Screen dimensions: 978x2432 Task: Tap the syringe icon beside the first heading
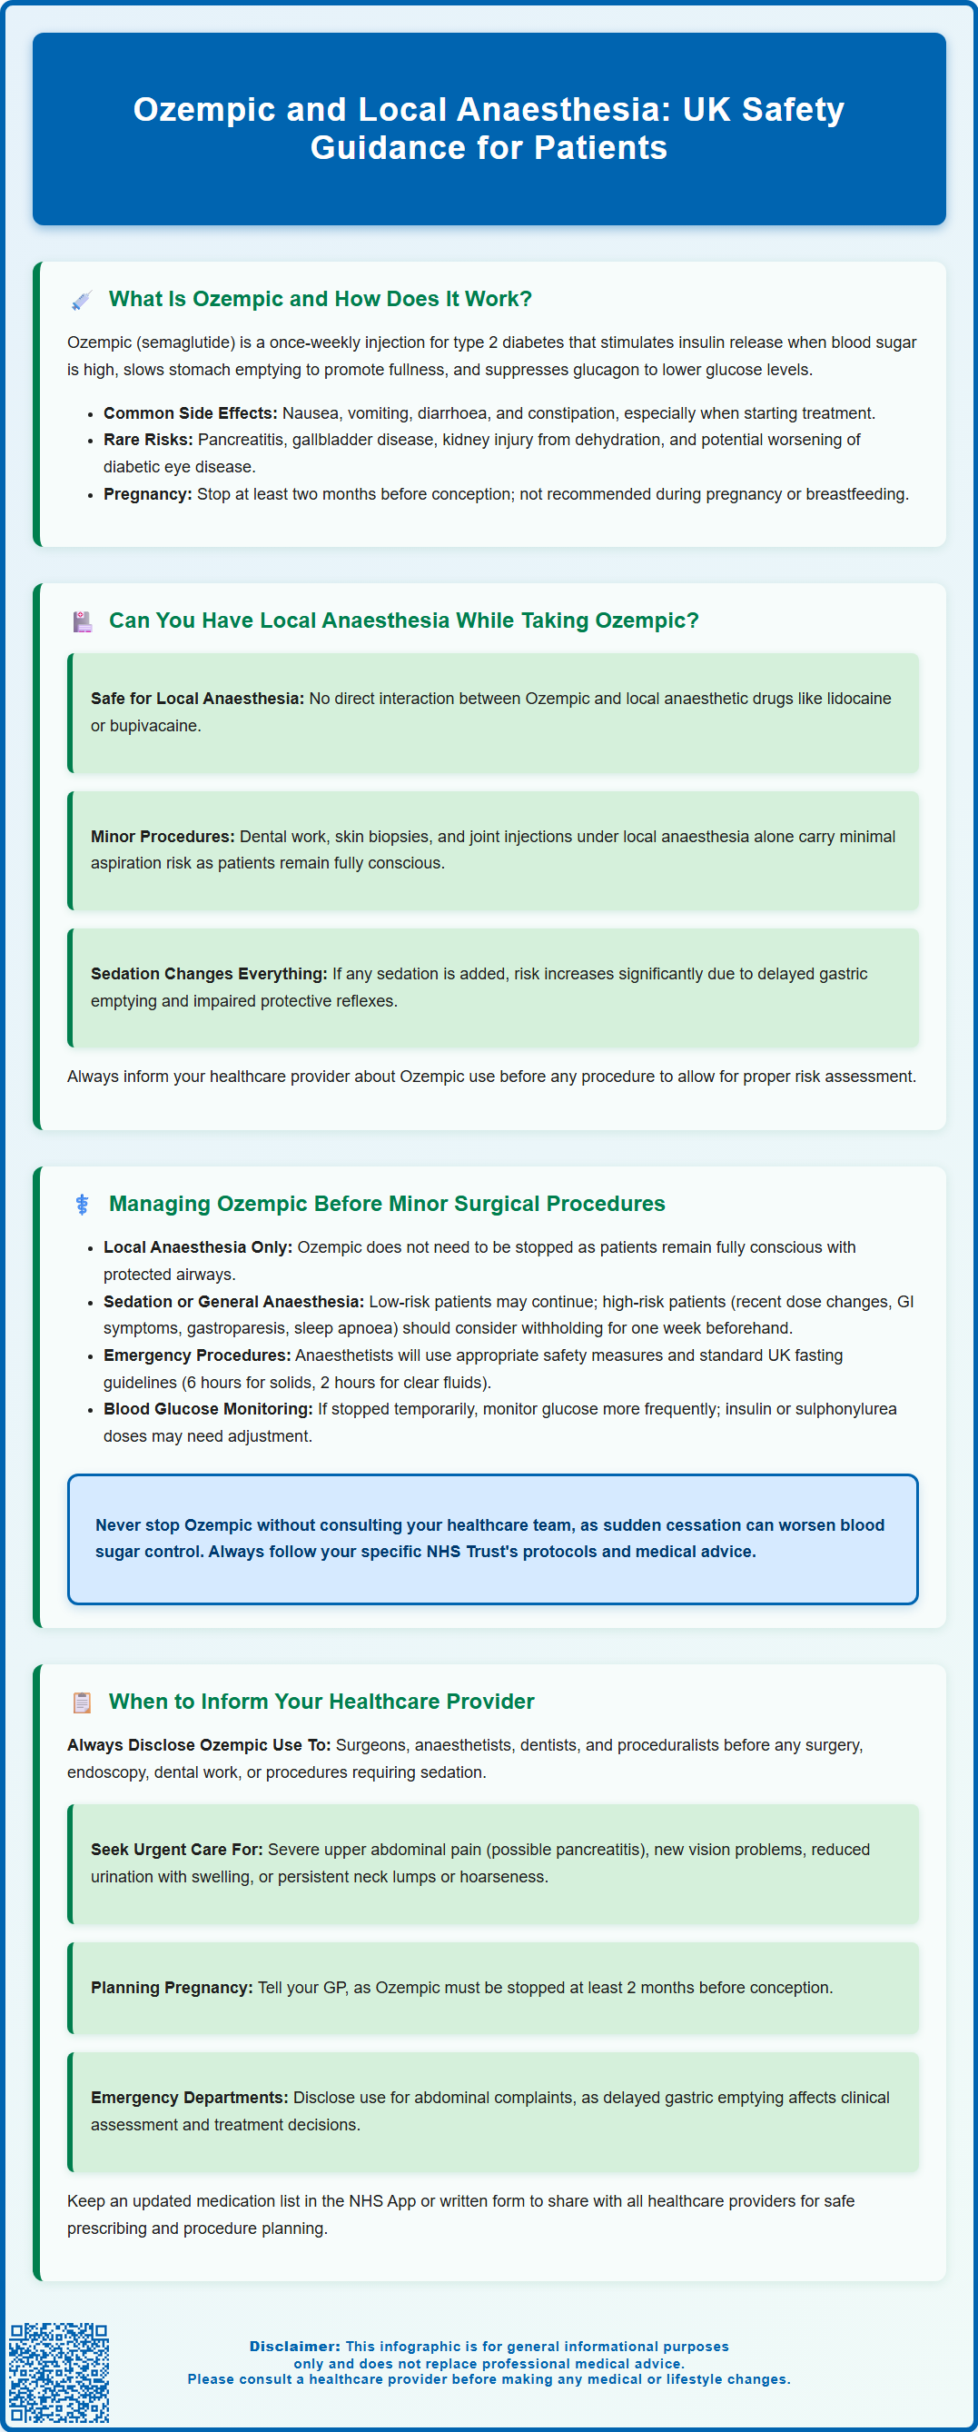82,300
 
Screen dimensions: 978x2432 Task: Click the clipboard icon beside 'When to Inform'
82,1702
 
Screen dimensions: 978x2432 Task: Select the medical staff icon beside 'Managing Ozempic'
82,1204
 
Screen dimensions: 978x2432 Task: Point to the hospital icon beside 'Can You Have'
82,621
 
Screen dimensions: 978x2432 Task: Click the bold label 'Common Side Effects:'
190,413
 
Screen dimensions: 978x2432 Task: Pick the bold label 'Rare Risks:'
147,440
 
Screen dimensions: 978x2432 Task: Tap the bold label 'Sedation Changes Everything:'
209,973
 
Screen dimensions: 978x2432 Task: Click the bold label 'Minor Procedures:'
163,837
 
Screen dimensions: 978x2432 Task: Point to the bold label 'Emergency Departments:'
189,2097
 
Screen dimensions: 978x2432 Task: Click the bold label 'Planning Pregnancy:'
172,1988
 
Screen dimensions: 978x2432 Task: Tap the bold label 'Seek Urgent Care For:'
176,1850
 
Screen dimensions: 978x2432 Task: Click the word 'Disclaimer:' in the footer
294,2346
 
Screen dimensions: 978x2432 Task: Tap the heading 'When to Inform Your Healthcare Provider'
321,1702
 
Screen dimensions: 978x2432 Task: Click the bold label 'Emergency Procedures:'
196,1355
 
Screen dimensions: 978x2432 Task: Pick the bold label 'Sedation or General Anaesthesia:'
233,1301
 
